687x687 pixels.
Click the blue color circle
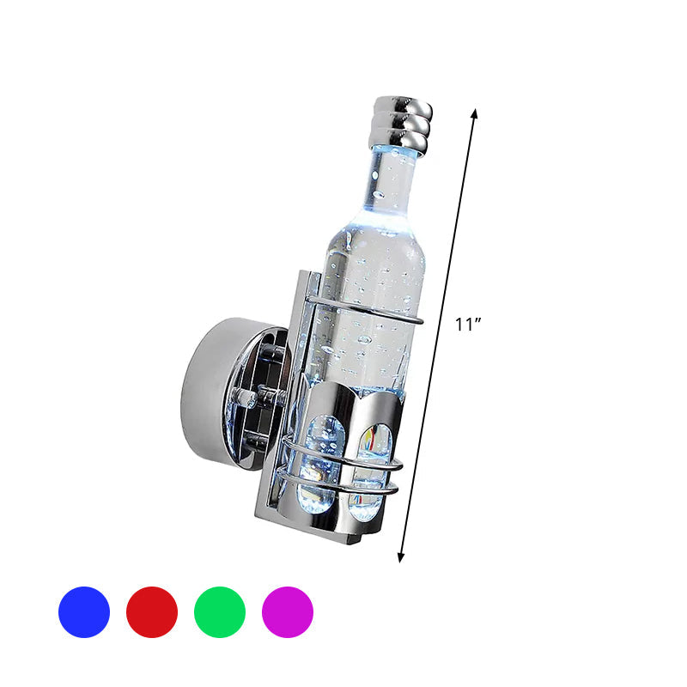tap(84, 611)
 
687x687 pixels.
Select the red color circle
tap(152, 611)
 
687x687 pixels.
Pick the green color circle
tap(220, 611)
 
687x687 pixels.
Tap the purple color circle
tap(288, 611)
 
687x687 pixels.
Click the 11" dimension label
tap(468, 325)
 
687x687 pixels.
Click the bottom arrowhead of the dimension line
tap(400, 557)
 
